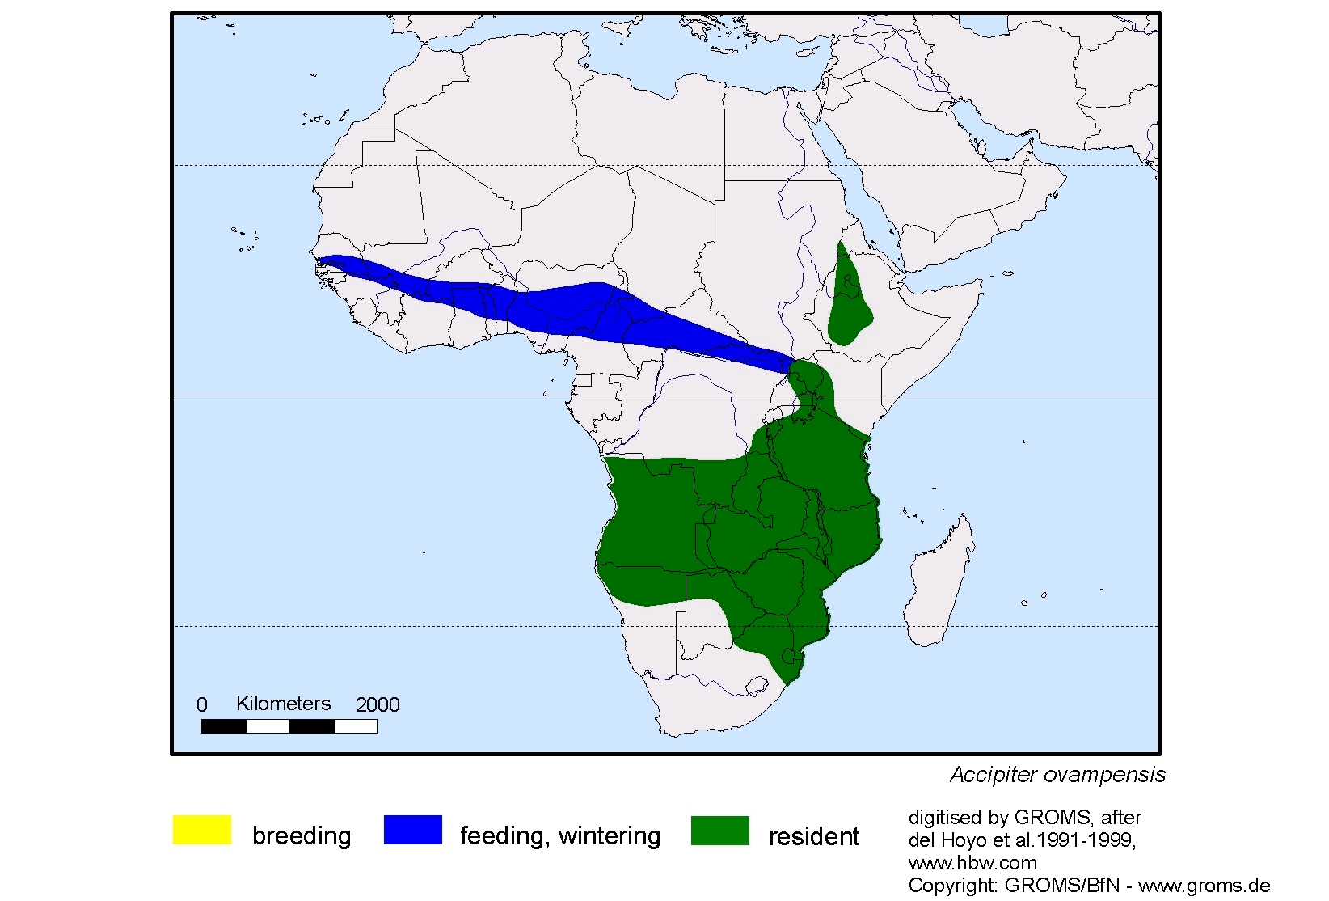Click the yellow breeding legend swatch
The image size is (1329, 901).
[x=202, y=830]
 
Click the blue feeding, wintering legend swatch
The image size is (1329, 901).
[x=412, y=830]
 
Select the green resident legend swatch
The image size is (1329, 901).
[x=719, y=831]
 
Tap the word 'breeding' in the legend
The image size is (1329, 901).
[x=302, y=835]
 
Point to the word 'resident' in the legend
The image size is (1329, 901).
[x=813, y=836]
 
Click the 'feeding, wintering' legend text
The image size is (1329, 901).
[x=560, y=835]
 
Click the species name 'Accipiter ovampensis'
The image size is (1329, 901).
[x=1057, y=775]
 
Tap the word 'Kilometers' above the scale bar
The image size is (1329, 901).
[x=283, y=704]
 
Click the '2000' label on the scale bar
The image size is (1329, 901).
[x=378, y=705]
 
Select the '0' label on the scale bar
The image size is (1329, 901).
[x=202, y=705]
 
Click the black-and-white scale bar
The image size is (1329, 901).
[x=289, y=726]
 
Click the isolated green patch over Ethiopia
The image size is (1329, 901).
[x=849, y=299]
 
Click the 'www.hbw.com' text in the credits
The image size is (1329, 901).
[x=972, y=863]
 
